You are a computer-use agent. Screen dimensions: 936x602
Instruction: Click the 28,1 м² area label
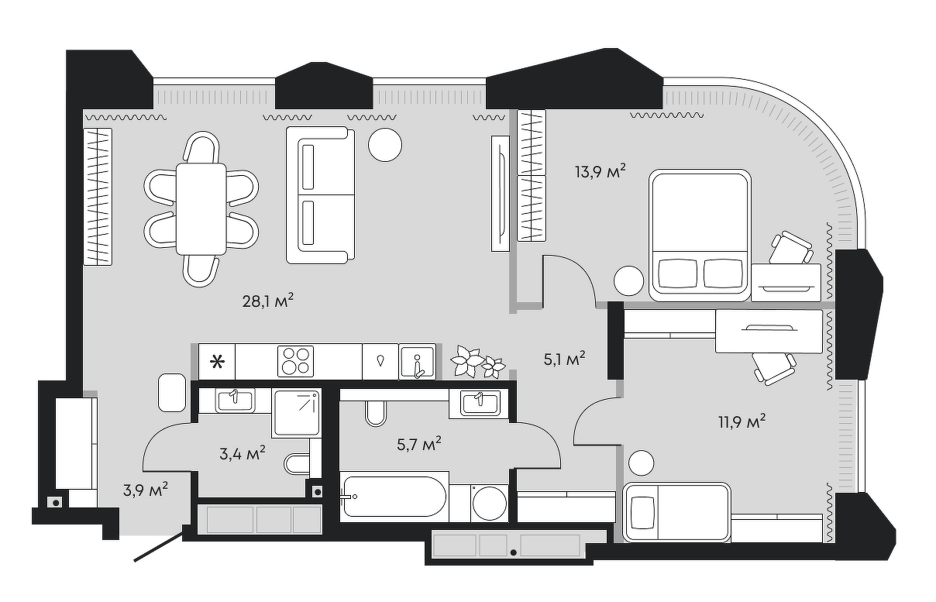tap(268, 301)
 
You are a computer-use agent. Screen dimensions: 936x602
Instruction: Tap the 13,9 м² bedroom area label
tap(600, 171)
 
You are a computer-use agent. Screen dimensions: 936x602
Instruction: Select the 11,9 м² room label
tap(742, 422)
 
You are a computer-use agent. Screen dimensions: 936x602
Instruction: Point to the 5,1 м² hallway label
tap(565, 359)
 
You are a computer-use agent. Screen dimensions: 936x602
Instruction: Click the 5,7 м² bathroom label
tap(419, 445)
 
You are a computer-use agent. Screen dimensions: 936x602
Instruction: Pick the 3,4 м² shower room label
tap(243, 453)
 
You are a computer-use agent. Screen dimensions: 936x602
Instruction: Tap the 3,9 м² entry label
tap(146, 490)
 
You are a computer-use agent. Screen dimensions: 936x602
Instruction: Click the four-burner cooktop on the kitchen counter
tap(295, 361)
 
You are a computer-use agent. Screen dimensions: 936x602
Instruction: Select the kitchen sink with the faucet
tap(418, 362)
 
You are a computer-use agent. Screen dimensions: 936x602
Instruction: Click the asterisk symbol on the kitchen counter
tap(217, 362)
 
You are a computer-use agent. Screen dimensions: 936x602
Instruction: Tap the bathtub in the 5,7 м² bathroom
tap(394, 497)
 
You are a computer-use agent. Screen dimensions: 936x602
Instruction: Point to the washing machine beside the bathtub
tap(490, 503)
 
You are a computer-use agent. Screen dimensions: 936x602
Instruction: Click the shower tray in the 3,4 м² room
tap(297, 413)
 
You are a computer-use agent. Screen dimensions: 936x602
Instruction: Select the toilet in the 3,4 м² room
tap(297, 464)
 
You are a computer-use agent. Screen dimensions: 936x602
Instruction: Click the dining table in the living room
tap(201, 209)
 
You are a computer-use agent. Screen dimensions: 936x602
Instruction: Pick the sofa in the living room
tap(321, 195)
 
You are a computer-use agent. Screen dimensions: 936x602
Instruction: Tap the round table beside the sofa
tap(385, 145)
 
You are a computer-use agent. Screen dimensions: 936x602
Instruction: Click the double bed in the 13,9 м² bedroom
tap(700, 236)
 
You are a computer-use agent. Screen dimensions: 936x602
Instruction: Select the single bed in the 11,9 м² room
tap(677, 513)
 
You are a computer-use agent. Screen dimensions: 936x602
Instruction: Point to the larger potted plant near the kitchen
tap(466, 361)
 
